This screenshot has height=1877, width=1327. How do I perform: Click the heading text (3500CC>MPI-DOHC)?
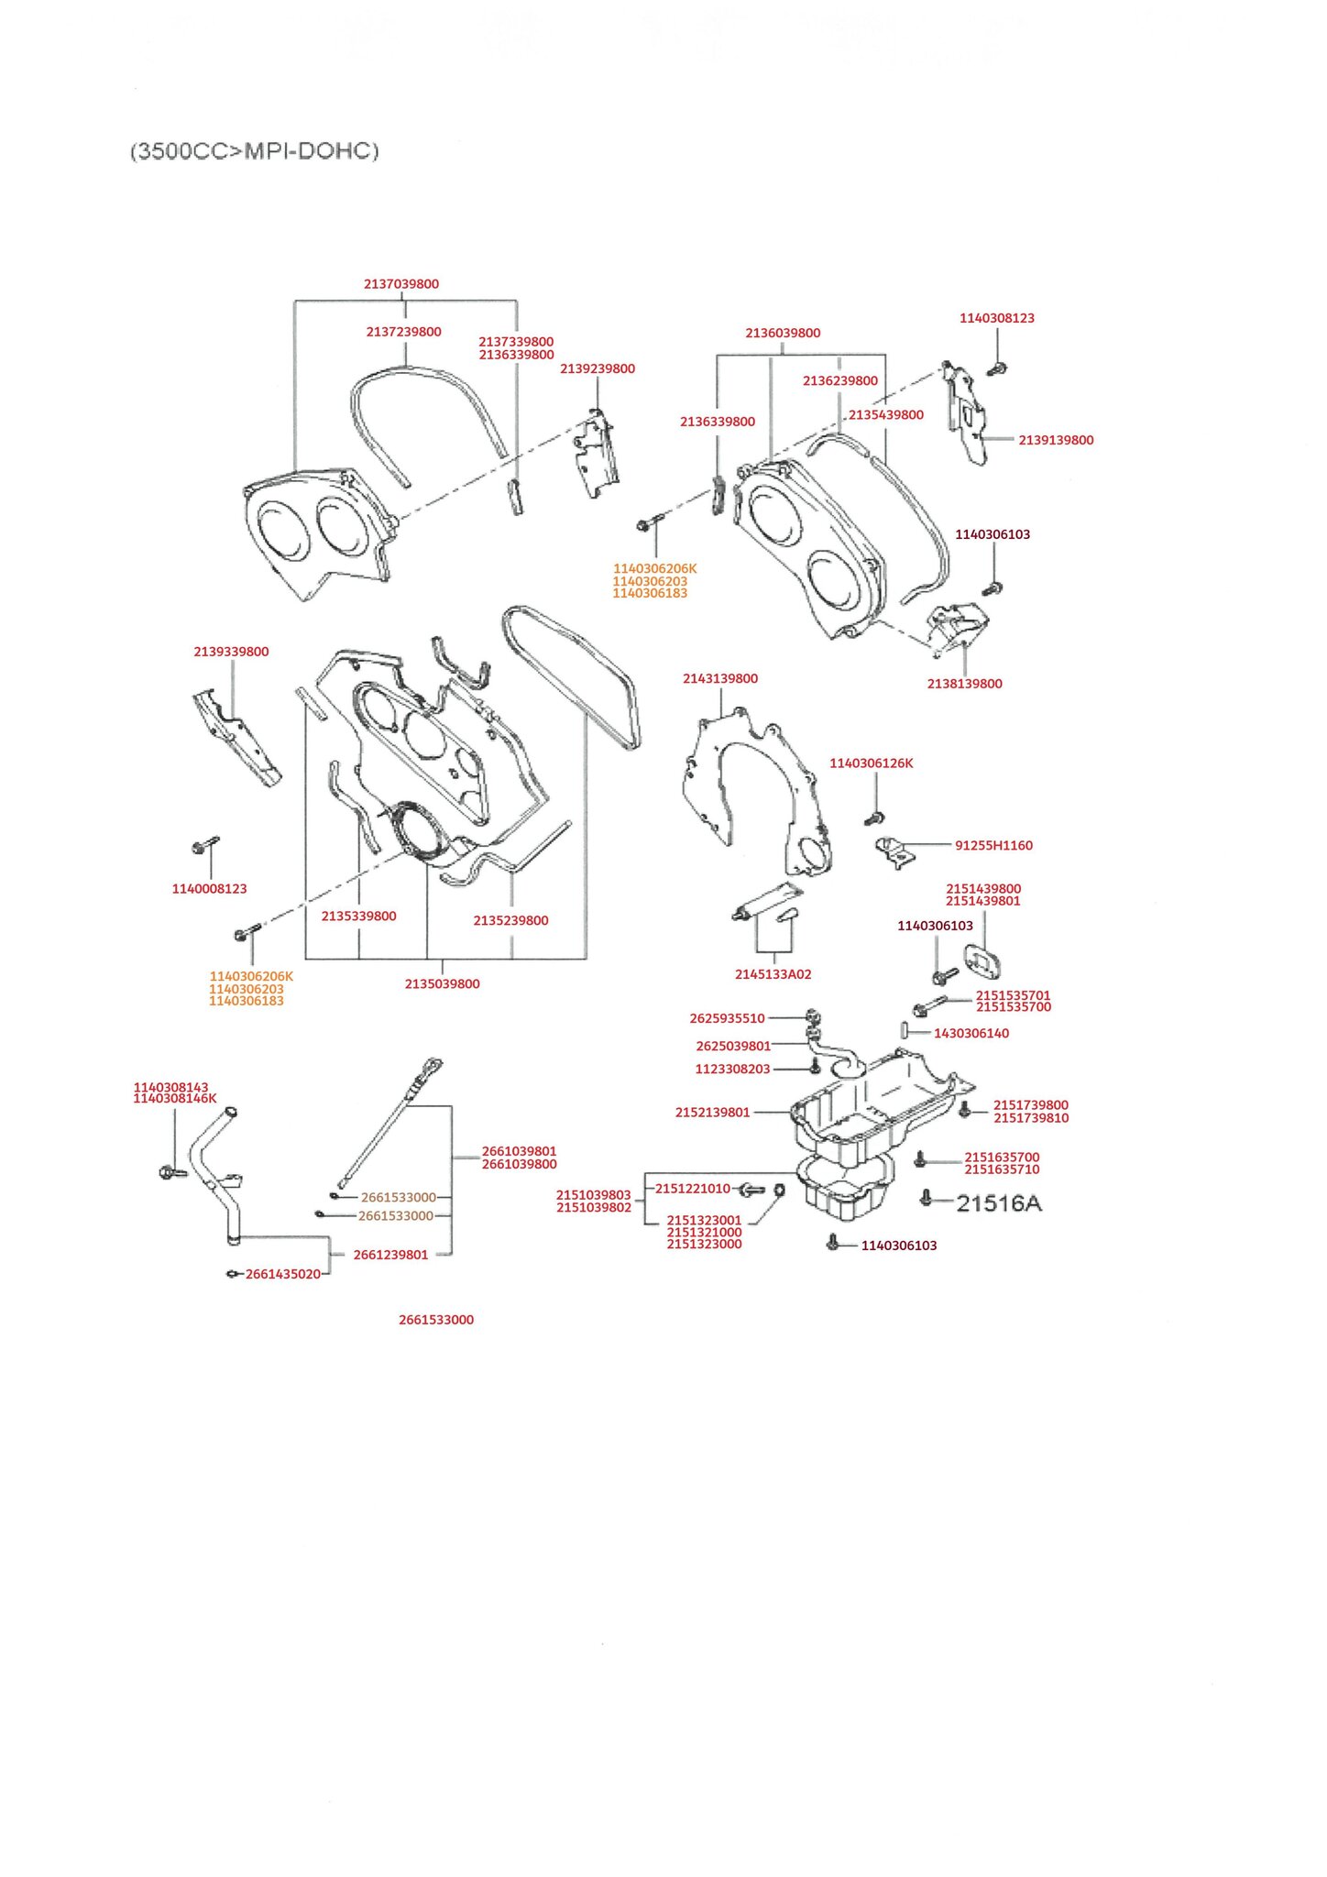pyautogui.click(x=255, y=151)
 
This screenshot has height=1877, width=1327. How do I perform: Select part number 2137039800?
pyautogui.click(x=401, y=284)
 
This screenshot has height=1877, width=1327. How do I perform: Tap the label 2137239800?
pyautogui.click(x=403, y=332)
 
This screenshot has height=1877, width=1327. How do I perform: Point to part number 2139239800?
pyautogui.click(x=598, y=369)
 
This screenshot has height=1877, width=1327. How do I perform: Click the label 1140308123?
pyautogui.click(x=997, y=319)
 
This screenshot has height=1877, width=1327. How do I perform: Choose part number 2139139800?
pyautogui.click(x=1056, y=441)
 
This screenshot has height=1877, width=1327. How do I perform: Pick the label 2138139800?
pyautogui.click(x=964, y=684)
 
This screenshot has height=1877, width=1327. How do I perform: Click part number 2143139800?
pyautogui.click(x=720, y=679)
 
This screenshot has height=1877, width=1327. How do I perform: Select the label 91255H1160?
pyautogui.click(x=993, y=846)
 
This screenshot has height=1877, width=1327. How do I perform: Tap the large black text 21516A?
pyautogui.click(x=999, y=1203)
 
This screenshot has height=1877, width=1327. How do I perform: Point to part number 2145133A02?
pyautogui.click(x=773, y=974)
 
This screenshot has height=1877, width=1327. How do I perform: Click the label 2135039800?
pyautogui.click(x=442, y=984)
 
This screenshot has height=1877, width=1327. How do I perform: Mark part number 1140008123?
pyautogui.click(x=209, y=889)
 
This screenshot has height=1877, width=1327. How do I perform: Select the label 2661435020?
pyautogui.click(x=282, y=1275)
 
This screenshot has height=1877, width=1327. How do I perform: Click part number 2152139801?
pyautogui.click(x=712, y=1113)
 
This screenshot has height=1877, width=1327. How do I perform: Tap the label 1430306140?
pyautogui.click(x=971, y=1034)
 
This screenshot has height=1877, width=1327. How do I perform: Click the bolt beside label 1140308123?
pyautogui.click(x=998, y=368)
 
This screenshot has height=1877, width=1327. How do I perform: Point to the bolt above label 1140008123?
pyautogui.click(x=204, y=844)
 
